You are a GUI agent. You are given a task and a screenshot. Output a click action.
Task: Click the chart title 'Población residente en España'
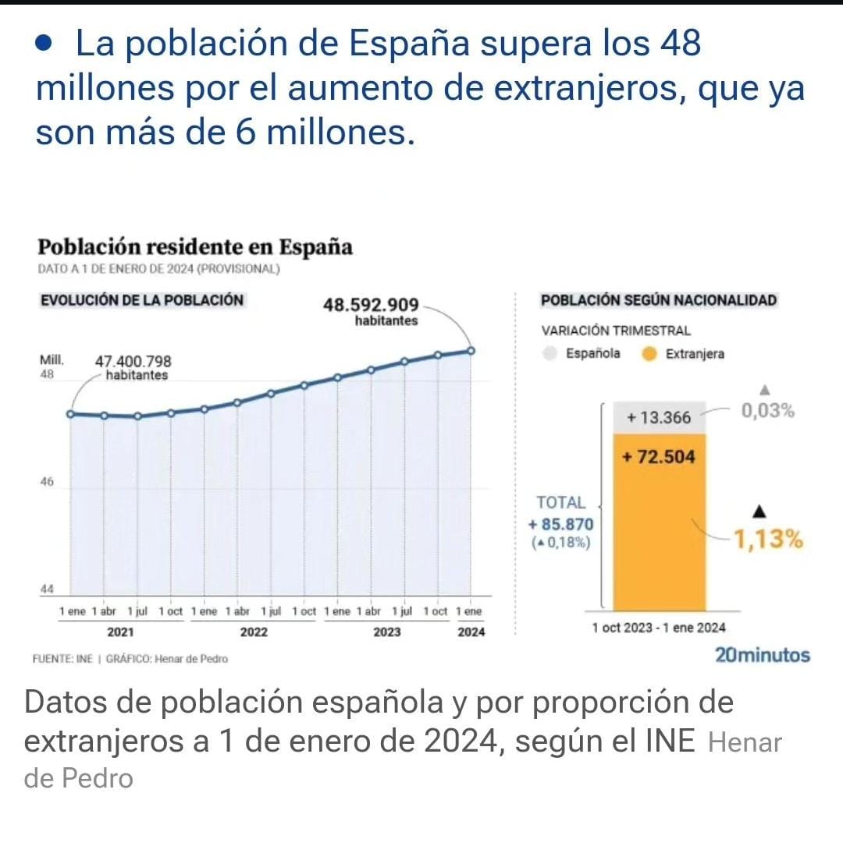coord(195,247)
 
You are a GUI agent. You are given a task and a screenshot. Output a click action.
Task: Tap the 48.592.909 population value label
coord(371,305)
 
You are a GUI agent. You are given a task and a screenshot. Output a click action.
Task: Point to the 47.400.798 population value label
coord(133,362)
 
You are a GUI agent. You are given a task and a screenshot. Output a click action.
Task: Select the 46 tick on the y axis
coord(47,482)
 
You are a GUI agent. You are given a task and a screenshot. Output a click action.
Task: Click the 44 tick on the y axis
coord(47,589)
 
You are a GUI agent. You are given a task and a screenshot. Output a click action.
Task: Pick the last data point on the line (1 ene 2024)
coord(471,351)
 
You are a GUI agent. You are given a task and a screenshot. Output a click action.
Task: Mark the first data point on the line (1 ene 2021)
coord(70,413)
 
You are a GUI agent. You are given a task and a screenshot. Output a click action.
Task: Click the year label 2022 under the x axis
coord(254,632)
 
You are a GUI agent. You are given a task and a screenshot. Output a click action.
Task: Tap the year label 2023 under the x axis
coord(387,632)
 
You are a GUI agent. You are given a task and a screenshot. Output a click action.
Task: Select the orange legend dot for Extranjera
coord(648,354)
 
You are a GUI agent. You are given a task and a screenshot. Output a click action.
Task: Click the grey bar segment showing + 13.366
coord(659,418)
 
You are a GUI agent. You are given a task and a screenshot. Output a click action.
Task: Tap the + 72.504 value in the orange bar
coord(659,457)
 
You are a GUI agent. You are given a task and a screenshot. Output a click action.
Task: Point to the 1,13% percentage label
coord(768,539)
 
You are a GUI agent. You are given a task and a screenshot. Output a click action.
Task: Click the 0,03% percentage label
coord(768,411)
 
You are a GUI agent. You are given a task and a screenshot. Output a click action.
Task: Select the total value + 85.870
coord(561,525)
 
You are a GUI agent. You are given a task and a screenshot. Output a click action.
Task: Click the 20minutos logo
coord(762,656)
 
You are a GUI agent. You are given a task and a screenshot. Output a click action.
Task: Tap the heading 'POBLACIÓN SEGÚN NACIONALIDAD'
coord(659,300)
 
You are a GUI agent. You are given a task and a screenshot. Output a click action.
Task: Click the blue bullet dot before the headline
coord(44,44)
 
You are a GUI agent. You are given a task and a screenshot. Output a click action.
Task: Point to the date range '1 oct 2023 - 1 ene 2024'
coord(659,628)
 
